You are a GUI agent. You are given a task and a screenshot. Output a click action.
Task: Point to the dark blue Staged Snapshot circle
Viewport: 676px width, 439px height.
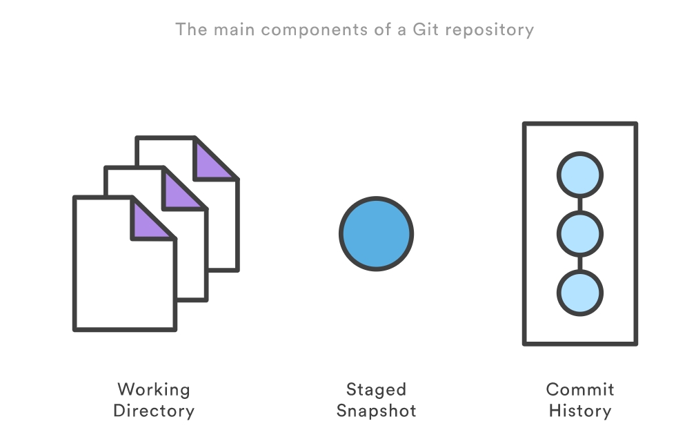point(376,234)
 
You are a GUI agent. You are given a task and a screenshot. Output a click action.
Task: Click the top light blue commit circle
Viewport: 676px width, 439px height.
point(579,175)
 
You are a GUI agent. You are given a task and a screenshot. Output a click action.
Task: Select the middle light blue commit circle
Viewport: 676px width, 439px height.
point(579,234)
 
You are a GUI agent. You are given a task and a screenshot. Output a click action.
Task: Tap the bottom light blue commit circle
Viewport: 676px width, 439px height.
point(579,293)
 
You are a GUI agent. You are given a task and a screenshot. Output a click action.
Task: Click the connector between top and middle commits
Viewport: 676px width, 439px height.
point(579,204)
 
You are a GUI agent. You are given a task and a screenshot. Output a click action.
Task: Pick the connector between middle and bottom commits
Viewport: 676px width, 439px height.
point(579,264)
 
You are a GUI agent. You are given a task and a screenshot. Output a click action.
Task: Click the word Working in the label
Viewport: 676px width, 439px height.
point(153,389)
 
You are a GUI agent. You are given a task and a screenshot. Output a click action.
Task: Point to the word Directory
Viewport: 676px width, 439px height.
point(153,411)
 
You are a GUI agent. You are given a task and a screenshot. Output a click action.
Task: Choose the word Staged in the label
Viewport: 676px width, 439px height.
point(376,390)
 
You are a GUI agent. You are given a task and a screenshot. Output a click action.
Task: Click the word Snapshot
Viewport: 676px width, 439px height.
point(376,411)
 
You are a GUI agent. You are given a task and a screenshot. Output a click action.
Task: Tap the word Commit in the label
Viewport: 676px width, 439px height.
point(579,389)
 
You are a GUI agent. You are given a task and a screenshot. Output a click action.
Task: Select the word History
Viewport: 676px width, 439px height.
point(579,411)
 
